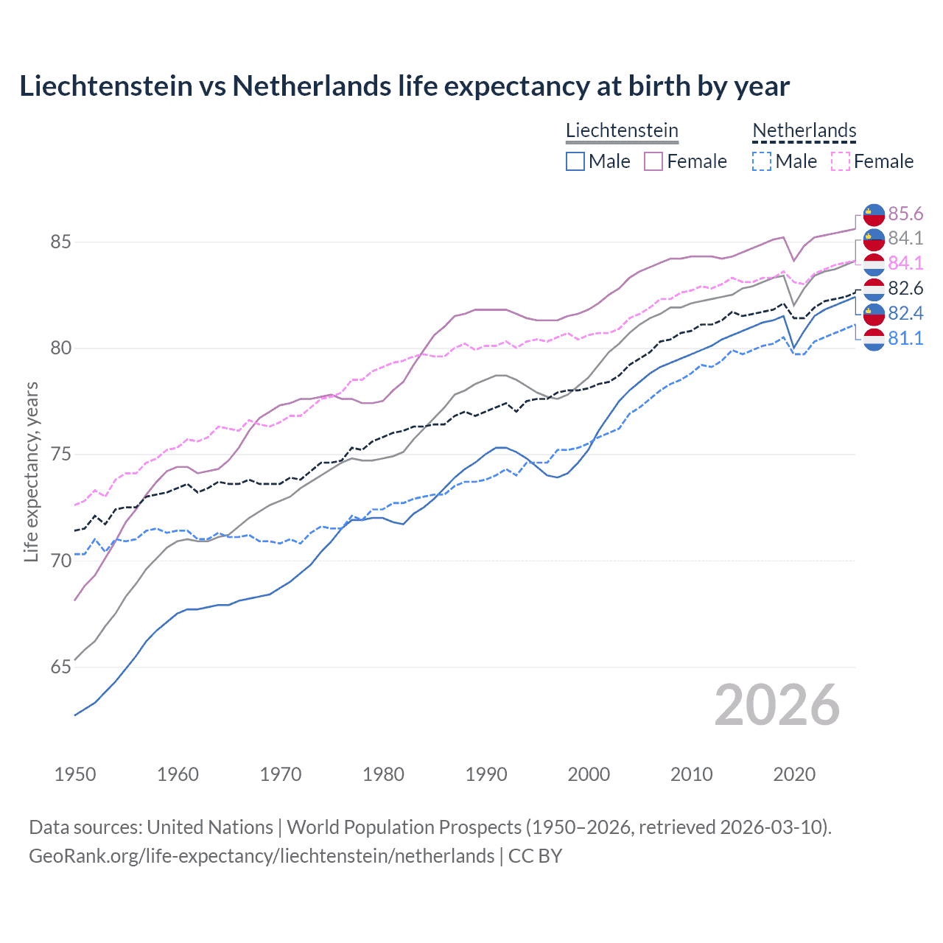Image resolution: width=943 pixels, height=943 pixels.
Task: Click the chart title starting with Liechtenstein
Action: pos(404,86)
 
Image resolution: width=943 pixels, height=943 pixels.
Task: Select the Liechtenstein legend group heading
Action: pos(622,130)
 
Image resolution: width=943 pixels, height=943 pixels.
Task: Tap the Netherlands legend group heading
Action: pos(804,130)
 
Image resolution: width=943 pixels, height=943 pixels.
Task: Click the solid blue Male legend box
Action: pos(575,161)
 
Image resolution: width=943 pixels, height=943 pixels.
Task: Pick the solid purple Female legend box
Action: pos(653,161)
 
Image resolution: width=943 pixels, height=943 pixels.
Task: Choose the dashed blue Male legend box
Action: pos(762,161)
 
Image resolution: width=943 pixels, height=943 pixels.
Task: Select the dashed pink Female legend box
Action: pos(841,161)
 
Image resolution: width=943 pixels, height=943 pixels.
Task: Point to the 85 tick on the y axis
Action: pos(60,242)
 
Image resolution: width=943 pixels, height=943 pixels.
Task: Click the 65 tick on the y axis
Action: pos(60,667)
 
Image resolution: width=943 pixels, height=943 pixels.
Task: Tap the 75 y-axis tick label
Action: pos(60,455)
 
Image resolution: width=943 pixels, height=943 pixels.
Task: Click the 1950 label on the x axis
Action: pos(75,774)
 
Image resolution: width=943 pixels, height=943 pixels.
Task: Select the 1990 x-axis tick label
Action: pos(486,774)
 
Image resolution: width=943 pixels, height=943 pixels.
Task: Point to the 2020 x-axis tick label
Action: pos(794,774)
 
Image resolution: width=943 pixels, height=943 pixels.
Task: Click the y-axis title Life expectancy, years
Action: pos(31,471)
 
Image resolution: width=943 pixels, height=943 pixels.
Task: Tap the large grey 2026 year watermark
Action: pos(777,705)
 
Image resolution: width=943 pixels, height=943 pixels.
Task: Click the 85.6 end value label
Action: pos(905,214)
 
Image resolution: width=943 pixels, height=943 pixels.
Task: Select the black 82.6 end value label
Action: pos(905,288)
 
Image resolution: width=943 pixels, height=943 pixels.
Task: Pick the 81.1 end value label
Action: pos(905,338)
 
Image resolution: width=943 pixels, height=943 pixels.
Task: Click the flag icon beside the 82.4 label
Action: pos(874,314)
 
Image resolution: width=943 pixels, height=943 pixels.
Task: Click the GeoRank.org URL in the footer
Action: pos(262,856)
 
